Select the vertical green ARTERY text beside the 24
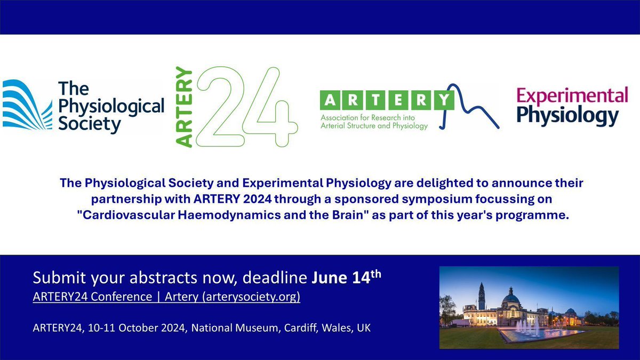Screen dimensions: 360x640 click(184, 107)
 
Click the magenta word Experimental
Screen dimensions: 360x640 click(572, 97)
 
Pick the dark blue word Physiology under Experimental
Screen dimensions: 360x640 click(567, 116)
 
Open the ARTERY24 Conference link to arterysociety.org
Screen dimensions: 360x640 click(166, 297)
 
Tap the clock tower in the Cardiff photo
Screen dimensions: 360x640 click(481, 296)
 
